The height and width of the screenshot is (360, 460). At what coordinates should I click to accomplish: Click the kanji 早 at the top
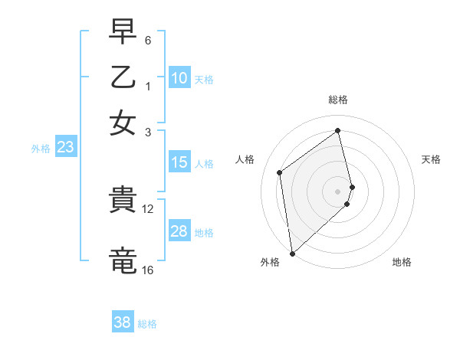pos(124,34)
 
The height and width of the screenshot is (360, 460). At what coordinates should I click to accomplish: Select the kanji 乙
pos(124,78)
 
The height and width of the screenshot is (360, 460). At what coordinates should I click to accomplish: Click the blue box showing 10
pos(179,78)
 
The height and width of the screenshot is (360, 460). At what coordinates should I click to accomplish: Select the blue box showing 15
pos(179,162)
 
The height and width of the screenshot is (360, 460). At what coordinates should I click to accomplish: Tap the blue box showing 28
pos(179,231)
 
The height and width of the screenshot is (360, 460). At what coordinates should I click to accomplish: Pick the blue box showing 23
pos(65,148)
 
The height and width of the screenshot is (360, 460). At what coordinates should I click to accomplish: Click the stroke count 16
pos(148,270)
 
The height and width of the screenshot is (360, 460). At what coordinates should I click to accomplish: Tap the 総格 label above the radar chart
pos(338,100)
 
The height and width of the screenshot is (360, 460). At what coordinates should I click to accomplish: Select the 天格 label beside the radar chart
pos(431,159)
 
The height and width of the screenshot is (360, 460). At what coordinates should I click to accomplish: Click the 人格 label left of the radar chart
pos(245,159)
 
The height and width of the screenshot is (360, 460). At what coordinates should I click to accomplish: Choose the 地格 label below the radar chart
pos(402,263)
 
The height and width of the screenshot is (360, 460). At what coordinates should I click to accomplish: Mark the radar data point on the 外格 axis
pos(292,253)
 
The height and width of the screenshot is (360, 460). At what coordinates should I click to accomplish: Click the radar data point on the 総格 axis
pos(338,130)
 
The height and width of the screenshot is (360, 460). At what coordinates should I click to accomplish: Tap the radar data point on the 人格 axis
pos(280,172)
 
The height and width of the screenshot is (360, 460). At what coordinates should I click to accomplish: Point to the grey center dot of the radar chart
pos(338,191)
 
